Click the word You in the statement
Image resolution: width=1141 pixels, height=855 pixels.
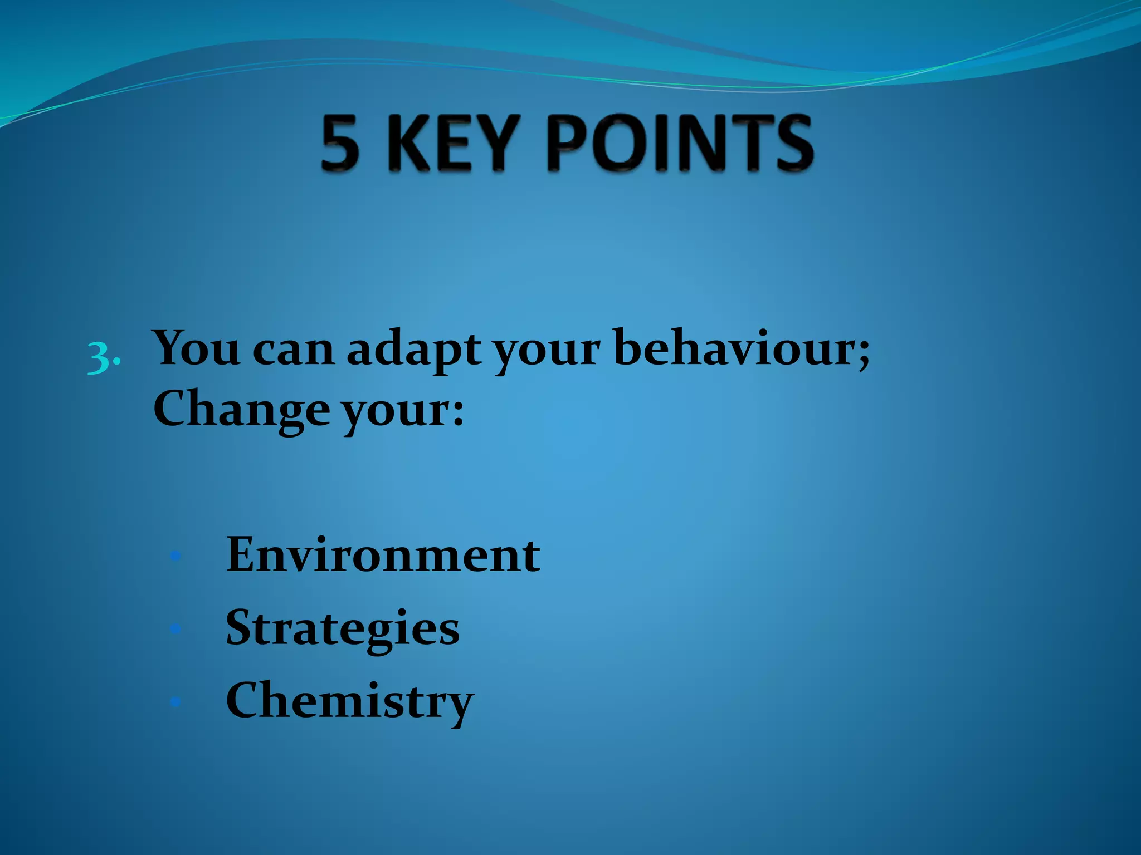[x=197, y=348]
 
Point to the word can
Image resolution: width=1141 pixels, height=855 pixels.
[x=293, y=351]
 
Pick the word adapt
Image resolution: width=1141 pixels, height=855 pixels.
[x=414, y=351]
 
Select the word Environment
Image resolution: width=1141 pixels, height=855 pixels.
[x=383, y=554]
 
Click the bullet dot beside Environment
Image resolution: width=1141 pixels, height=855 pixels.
[x=175, y=556]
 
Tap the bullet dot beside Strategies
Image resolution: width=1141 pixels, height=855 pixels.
[x=175, y=628]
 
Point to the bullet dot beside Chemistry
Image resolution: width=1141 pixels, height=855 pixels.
[x=175, y=701]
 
